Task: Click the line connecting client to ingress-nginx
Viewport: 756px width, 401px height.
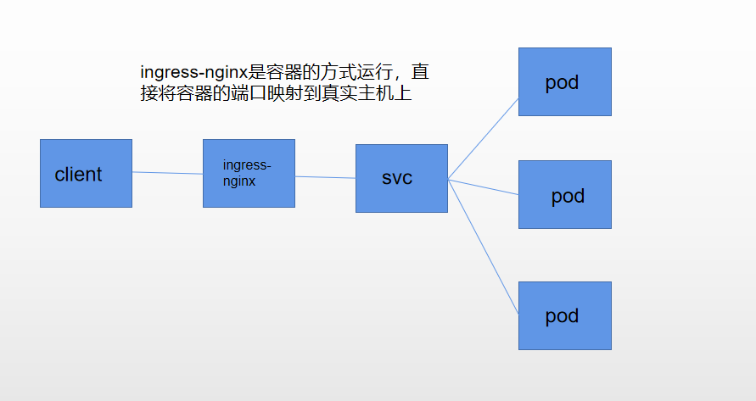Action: tap(167, 173)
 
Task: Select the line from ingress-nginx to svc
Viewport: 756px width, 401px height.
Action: tap(325, 177)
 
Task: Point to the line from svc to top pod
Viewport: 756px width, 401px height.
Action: tap(484, 137)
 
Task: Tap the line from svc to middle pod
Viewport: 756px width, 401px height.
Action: tap(484, 187)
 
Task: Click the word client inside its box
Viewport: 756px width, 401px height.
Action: tap(78, 175)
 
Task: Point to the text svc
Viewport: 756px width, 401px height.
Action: tap(397, 179)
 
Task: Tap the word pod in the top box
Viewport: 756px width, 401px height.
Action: tap(562, 82)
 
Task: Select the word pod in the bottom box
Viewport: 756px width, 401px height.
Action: tap(562, 316)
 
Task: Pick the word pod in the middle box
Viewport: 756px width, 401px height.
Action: tap(568, 196)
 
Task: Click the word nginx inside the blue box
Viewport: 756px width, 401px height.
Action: tap(239, 181)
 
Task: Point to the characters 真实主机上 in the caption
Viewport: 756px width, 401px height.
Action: tap(366, 93)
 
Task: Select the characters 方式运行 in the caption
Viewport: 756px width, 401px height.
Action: tap(351, 72)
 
